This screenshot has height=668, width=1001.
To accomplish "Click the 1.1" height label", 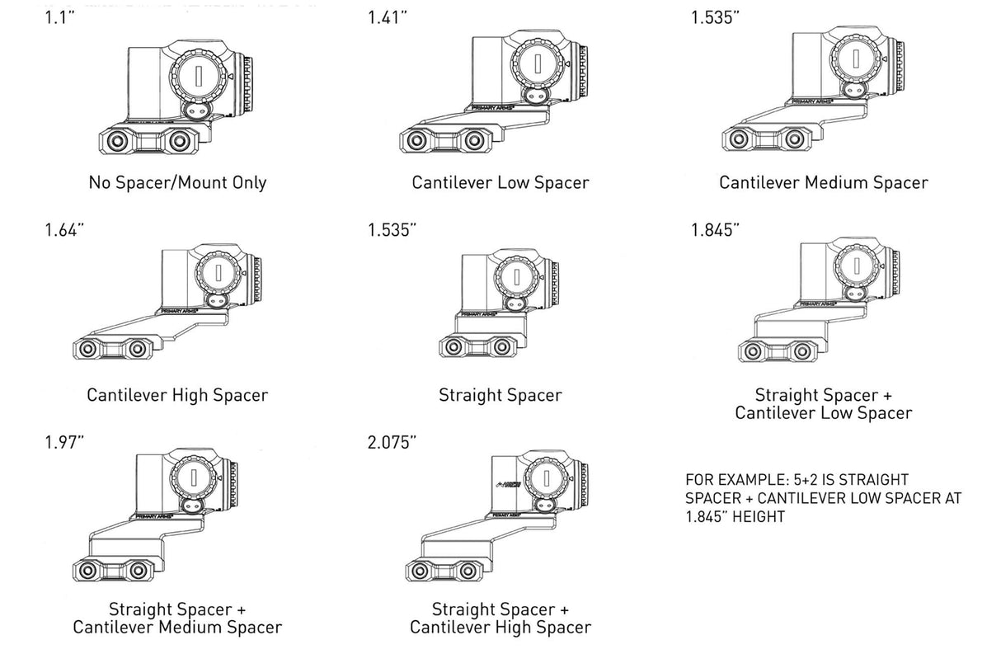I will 60,18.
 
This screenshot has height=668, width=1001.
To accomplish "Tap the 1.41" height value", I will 388,18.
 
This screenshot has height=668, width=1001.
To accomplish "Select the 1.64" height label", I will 64,230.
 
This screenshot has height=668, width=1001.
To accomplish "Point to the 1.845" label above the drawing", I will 715,230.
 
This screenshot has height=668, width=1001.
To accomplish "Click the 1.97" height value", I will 64,443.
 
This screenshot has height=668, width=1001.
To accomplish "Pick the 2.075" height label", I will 392,443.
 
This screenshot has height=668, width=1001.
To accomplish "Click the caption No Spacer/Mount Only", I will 177,182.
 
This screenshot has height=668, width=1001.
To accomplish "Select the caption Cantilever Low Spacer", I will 500,182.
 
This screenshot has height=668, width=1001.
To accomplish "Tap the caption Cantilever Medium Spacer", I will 823,182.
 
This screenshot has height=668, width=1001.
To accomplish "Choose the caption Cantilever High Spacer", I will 177,395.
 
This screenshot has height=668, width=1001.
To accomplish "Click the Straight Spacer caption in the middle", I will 500,395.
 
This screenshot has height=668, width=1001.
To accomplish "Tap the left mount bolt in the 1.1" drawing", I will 118,139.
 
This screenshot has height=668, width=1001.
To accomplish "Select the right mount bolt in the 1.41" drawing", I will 473,140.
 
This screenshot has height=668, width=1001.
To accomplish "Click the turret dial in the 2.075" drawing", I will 544,477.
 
